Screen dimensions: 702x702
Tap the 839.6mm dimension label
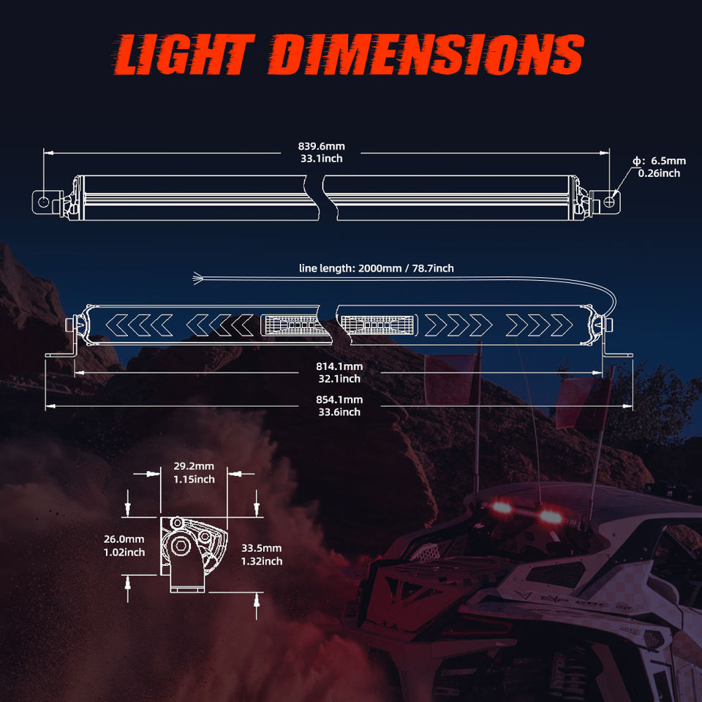coord(321,146)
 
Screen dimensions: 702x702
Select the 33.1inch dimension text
coord(321,158)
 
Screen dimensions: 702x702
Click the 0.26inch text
coord(659,173)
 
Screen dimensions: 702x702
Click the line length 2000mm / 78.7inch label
coord(376,268)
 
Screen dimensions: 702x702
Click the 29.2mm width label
coord(194,467)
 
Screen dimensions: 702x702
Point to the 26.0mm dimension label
coord(124,539)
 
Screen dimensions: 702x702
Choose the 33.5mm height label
coord(261,548)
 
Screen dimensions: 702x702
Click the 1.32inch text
coord(261,561)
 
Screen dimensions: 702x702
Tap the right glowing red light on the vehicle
coord(550,517)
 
